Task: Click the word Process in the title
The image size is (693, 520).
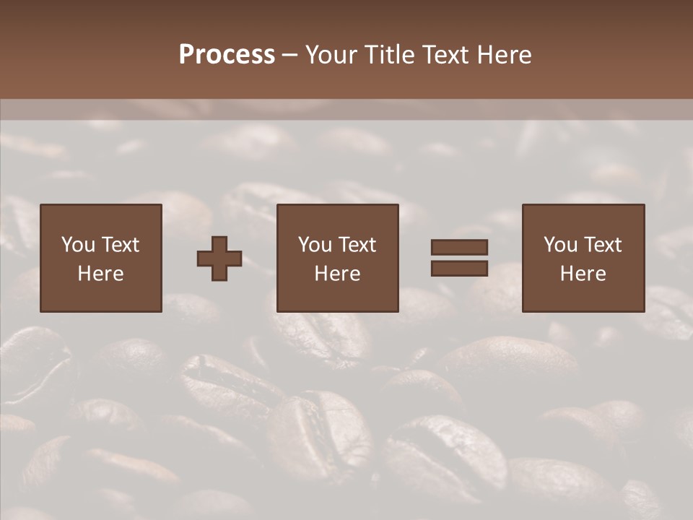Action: point(227,55)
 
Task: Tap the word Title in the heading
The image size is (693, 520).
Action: point(391,55)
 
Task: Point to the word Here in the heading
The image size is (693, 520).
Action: point(504,55)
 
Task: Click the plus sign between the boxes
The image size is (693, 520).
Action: point(219,259)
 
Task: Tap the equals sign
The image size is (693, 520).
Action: point(459,258)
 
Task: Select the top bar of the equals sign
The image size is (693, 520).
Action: point(459,247)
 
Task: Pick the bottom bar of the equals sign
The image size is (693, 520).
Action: point(459,269)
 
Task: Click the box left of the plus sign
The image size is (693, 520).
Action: point(101,258)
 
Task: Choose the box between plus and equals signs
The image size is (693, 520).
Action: point(338,258)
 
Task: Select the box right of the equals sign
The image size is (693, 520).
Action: point(583,258)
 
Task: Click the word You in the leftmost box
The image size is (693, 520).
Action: point(78,245)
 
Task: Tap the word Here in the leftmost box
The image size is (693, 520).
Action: point(101,274)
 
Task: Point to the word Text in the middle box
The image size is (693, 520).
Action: point(357,245)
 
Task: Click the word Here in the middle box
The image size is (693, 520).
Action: point(338,274)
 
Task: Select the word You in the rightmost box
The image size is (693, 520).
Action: point(560,245)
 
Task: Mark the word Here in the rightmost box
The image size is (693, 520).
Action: point(583,274)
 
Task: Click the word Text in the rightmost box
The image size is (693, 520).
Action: point(603,245)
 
